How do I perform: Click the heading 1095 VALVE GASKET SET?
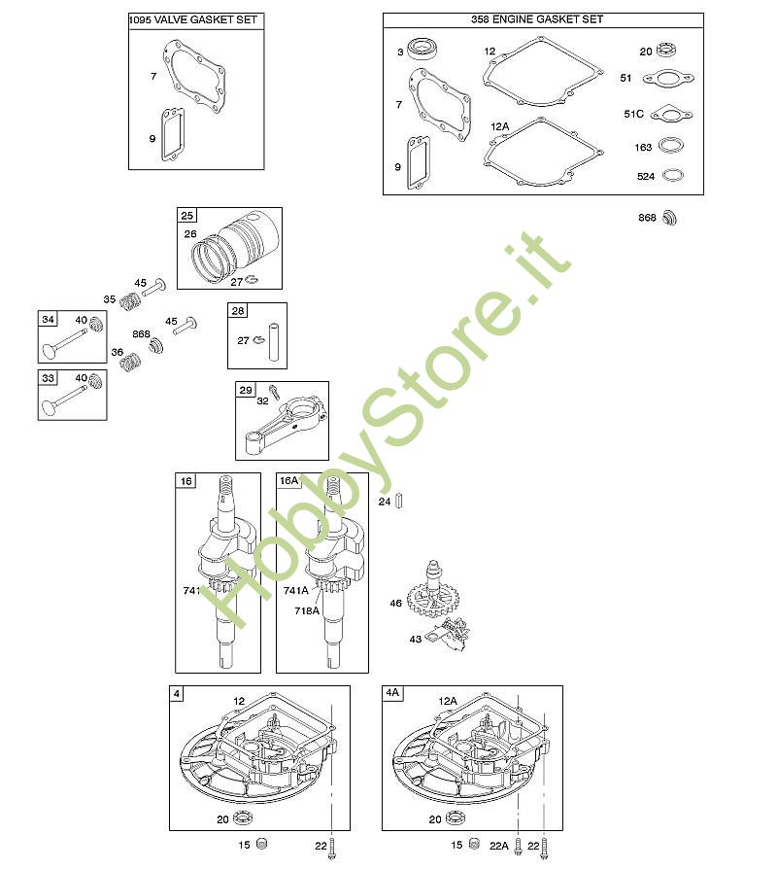(193, 20)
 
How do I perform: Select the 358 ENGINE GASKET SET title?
(537, 19)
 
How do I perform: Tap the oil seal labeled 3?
(423, 49)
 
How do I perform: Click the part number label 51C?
(633, 114)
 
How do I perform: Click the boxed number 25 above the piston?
(187, 216)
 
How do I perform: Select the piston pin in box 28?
(274, 341)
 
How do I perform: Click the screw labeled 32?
(274, 392)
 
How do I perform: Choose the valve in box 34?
(63, 343)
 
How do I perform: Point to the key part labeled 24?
(398, 501)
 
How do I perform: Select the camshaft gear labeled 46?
(432, 591)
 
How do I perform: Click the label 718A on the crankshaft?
(307, 610)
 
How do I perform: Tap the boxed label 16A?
(288, 480)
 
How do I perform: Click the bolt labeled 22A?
(518, 847)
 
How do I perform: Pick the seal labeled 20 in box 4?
(243, 817)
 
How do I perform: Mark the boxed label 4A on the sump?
(392, 693)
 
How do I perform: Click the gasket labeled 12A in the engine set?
(543, 152)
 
